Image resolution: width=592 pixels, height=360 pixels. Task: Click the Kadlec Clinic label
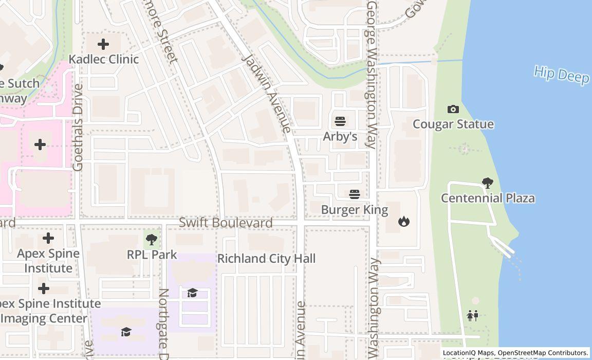coord(104,59)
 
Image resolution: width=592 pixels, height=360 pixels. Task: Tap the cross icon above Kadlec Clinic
coord(103,44)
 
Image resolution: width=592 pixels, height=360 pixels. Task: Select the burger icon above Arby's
coord(340,121)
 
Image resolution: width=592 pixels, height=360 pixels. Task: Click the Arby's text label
coord(340,136)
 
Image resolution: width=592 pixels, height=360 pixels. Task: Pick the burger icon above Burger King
coord(355,194)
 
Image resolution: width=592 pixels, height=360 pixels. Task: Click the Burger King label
coord(355,210)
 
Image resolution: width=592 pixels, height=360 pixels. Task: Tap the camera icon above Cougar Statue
coord(453,109)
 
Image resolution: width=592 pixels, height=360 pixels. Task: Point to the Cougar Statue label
coord(453,124)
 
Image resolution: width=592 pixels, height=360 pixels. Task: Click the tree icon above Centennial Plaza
coord(487,183)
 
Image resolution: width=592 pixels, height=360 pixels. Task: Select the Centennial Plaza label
coord(488,198)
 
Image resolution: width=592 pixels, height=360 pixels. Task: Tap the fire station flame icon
coord(404,222)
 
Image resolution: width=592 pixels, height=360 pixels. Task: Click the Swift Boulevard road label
coord(226,223)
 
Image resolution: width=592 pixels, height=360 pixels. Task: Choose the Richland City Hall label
coord(266,258)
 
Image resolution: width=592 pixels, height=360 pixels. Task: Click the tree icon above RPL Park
coord(152,239)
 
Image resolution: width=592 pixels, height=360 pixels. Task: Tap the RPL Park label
coord(152,255)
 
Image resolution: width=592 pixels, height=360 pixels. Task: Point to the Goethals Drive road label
coord(78,128)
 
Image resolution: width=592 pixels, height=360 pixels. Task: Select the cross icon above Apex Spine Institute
coord(48,238)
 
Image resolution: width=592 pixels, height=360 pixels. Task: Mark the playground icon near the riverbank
coord(473,315)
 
